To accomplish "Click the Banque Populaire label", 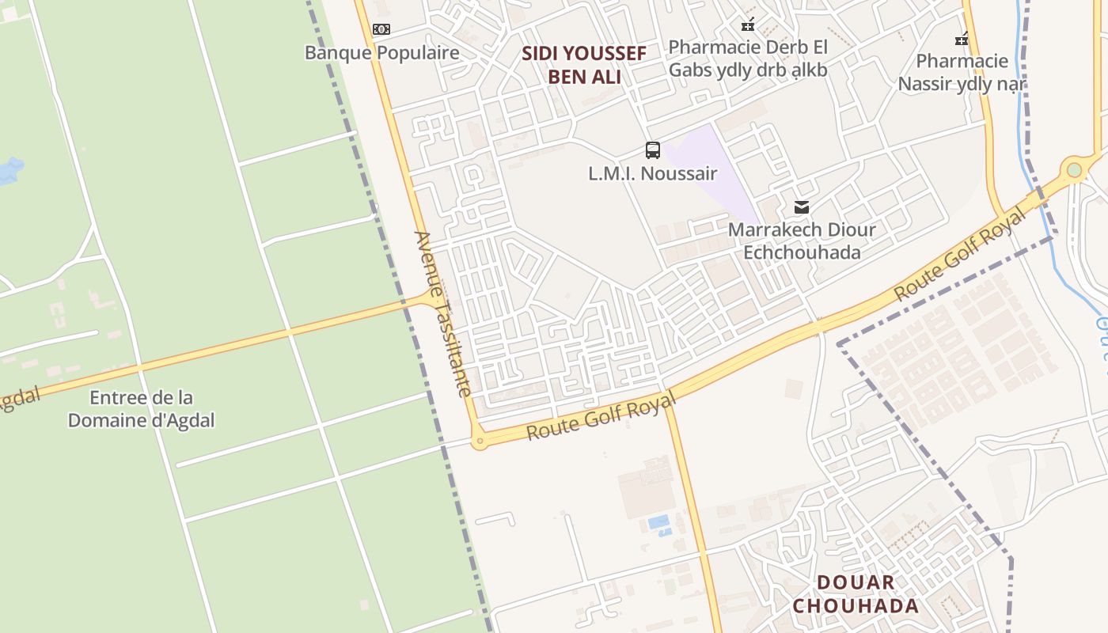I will [382, 53].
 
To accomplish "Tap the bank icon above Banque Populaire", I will [381, 29].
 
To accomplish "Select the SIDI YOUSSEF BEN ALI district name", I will [584, 65].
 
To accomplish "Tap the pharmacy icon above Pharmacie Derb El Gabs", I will [748, 24].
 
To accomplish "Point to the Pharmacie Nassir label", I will [962, 72].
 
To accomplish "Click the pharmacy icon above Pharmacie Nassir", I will [962, 38].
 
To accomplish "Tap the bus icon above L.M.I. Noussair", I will [653, 150].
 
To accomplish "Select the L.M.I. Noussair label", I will [653, 173].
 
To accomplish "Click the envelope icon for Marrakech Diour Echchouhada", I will [802, 207].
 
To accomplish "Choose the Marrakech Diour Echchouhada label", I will [802, 241].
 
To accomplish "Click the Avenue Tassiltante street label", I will [442, 313].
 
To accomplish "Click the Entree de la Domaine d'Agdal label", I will [141, 408].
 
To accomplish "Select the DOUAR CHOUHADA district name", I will [856, 594].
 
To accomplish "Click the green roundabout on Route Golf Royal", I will [1074, 170].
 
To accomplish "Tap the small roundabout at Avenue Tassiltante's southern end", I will [478, 442].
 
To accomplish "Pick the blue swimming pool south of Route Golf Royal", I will [658, 522].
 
